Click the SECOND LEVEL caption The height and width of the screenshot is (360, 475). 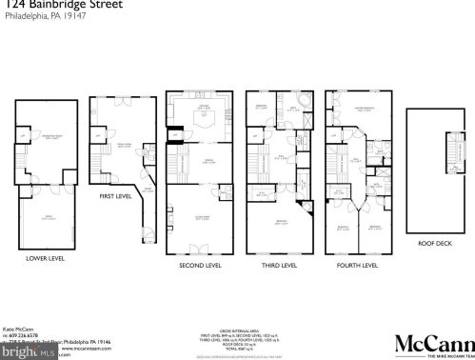[x=200, y=266]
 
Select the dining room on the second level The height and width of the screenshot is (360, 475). [x=200, y=162]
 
